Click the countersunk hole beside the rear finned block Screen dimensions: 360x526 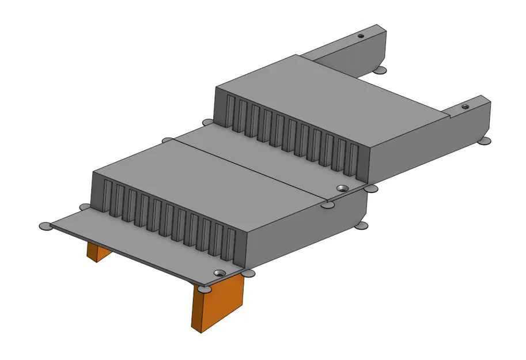click(x=342, y=188)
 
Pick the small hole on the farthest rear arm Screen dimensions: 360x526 click(x=361, y=36)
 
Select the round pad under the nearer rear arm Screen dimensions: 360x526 click(x=486, y=141)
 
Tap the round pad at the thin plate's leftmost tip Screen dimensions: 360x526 click(x=45, y=226)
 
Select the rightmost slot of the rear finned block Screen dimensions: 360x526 click(x=353, y=161)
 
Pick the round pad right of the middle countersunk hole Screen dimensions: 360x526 click(x=372, y=188)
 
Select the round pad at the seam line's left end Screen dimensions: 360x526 click(x=168, y=140)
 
